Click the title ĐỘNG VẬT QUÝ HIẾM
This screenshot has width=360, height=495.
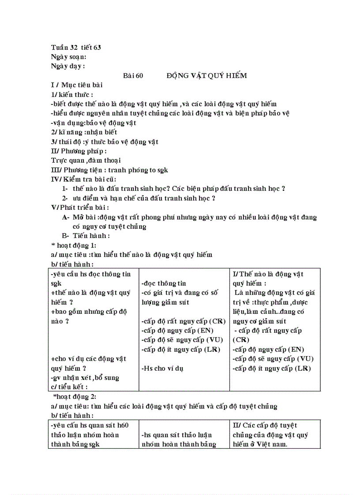point(206,75)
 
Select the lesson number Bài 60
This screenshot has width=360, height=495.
point(133,75)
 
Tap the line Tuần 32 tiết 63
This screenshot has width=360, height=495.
point(76,47)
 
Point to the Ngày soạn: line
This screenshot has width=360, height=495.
point(68,56)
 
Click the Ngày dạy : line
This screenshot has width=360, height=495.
point(68,66)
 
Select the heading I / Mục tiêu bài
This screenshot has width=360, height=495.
point(77,85)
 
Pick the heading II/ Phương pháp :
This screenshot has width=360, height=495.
point(79,151)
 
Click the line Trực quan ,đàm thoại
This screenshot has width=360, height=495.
point(86,160)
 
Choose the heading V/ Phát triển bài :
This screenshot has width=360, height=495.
point(80,208)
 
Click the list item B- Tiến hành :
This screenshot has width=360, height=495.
point(86,236)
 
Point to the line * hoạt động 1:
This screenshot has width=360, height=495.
point(74,245)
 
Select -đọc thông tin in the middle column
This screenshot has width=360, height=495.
point(164,283)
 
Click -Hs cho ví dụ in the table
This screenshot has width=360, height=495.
point(162,368)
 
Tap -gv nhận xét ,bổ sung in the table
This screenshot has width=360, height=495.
point(85,377)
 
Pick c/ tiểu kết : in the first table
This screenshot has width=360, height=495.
point(69,387)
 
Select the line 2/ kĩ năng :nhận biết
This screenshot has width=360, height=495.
point(84,132)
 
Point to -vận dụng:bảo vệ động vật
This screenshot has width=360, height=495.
point(94,123)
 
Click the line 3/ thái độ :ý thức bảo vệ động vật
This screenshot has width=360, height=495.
point(105,142)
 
